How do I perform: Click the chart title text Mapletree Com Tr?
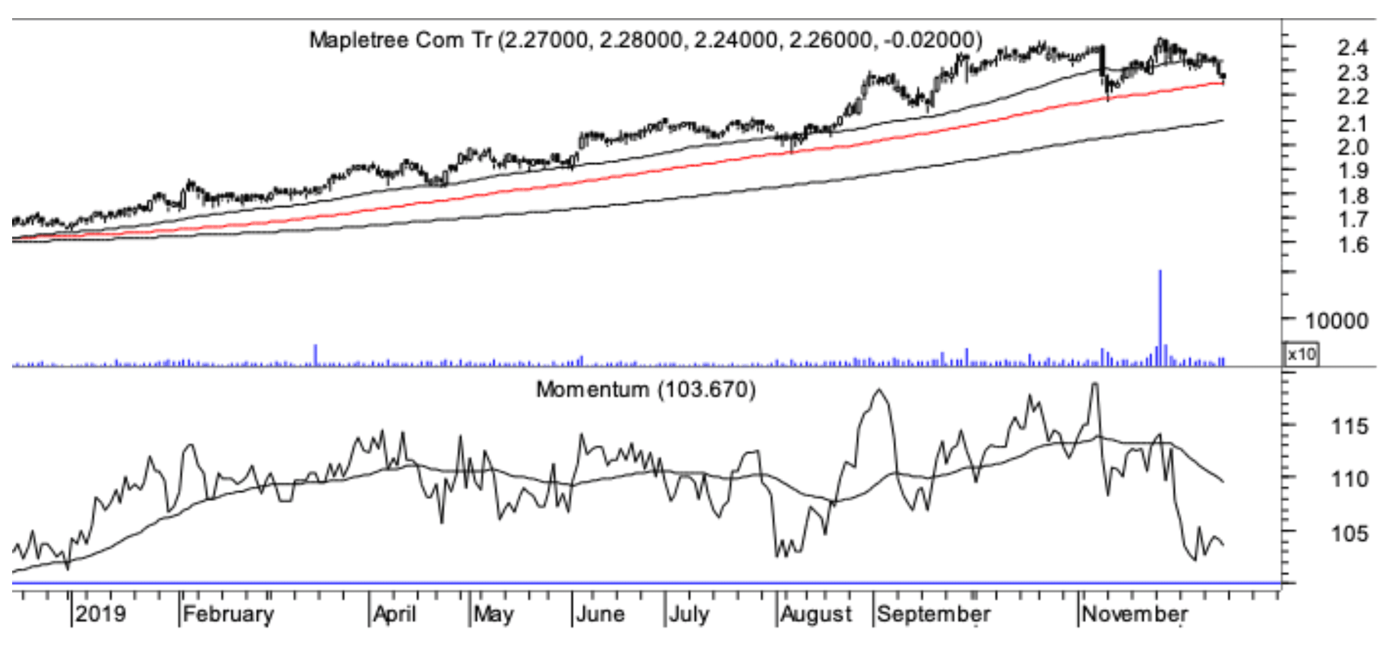(400, 40)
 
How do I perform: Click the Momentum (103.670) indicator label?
(646, 389)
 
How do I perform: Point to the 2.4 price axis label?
(1353, 48)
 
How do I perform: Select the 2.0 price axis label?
(1353, 147)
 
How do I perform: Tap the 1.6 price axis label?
(1353, 245)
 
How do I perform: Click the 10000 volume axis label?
(1336, 321)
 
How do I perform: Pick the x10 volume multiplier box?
(1302, 354)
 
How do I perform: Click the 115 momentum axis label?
(1350, 426)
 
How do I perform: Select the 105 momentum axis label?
(1350, 533)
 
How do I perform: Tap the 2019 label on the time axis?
(101, 614)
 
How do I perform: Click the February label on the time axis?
(228, 614)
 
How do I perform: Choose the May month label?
(494, 614)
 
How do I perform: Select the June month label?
(600, 614)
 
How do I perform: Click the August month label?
(817, 614)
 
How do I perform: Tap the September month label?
(934, 614)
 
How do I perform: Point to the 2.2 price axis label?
(1353, 97)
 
